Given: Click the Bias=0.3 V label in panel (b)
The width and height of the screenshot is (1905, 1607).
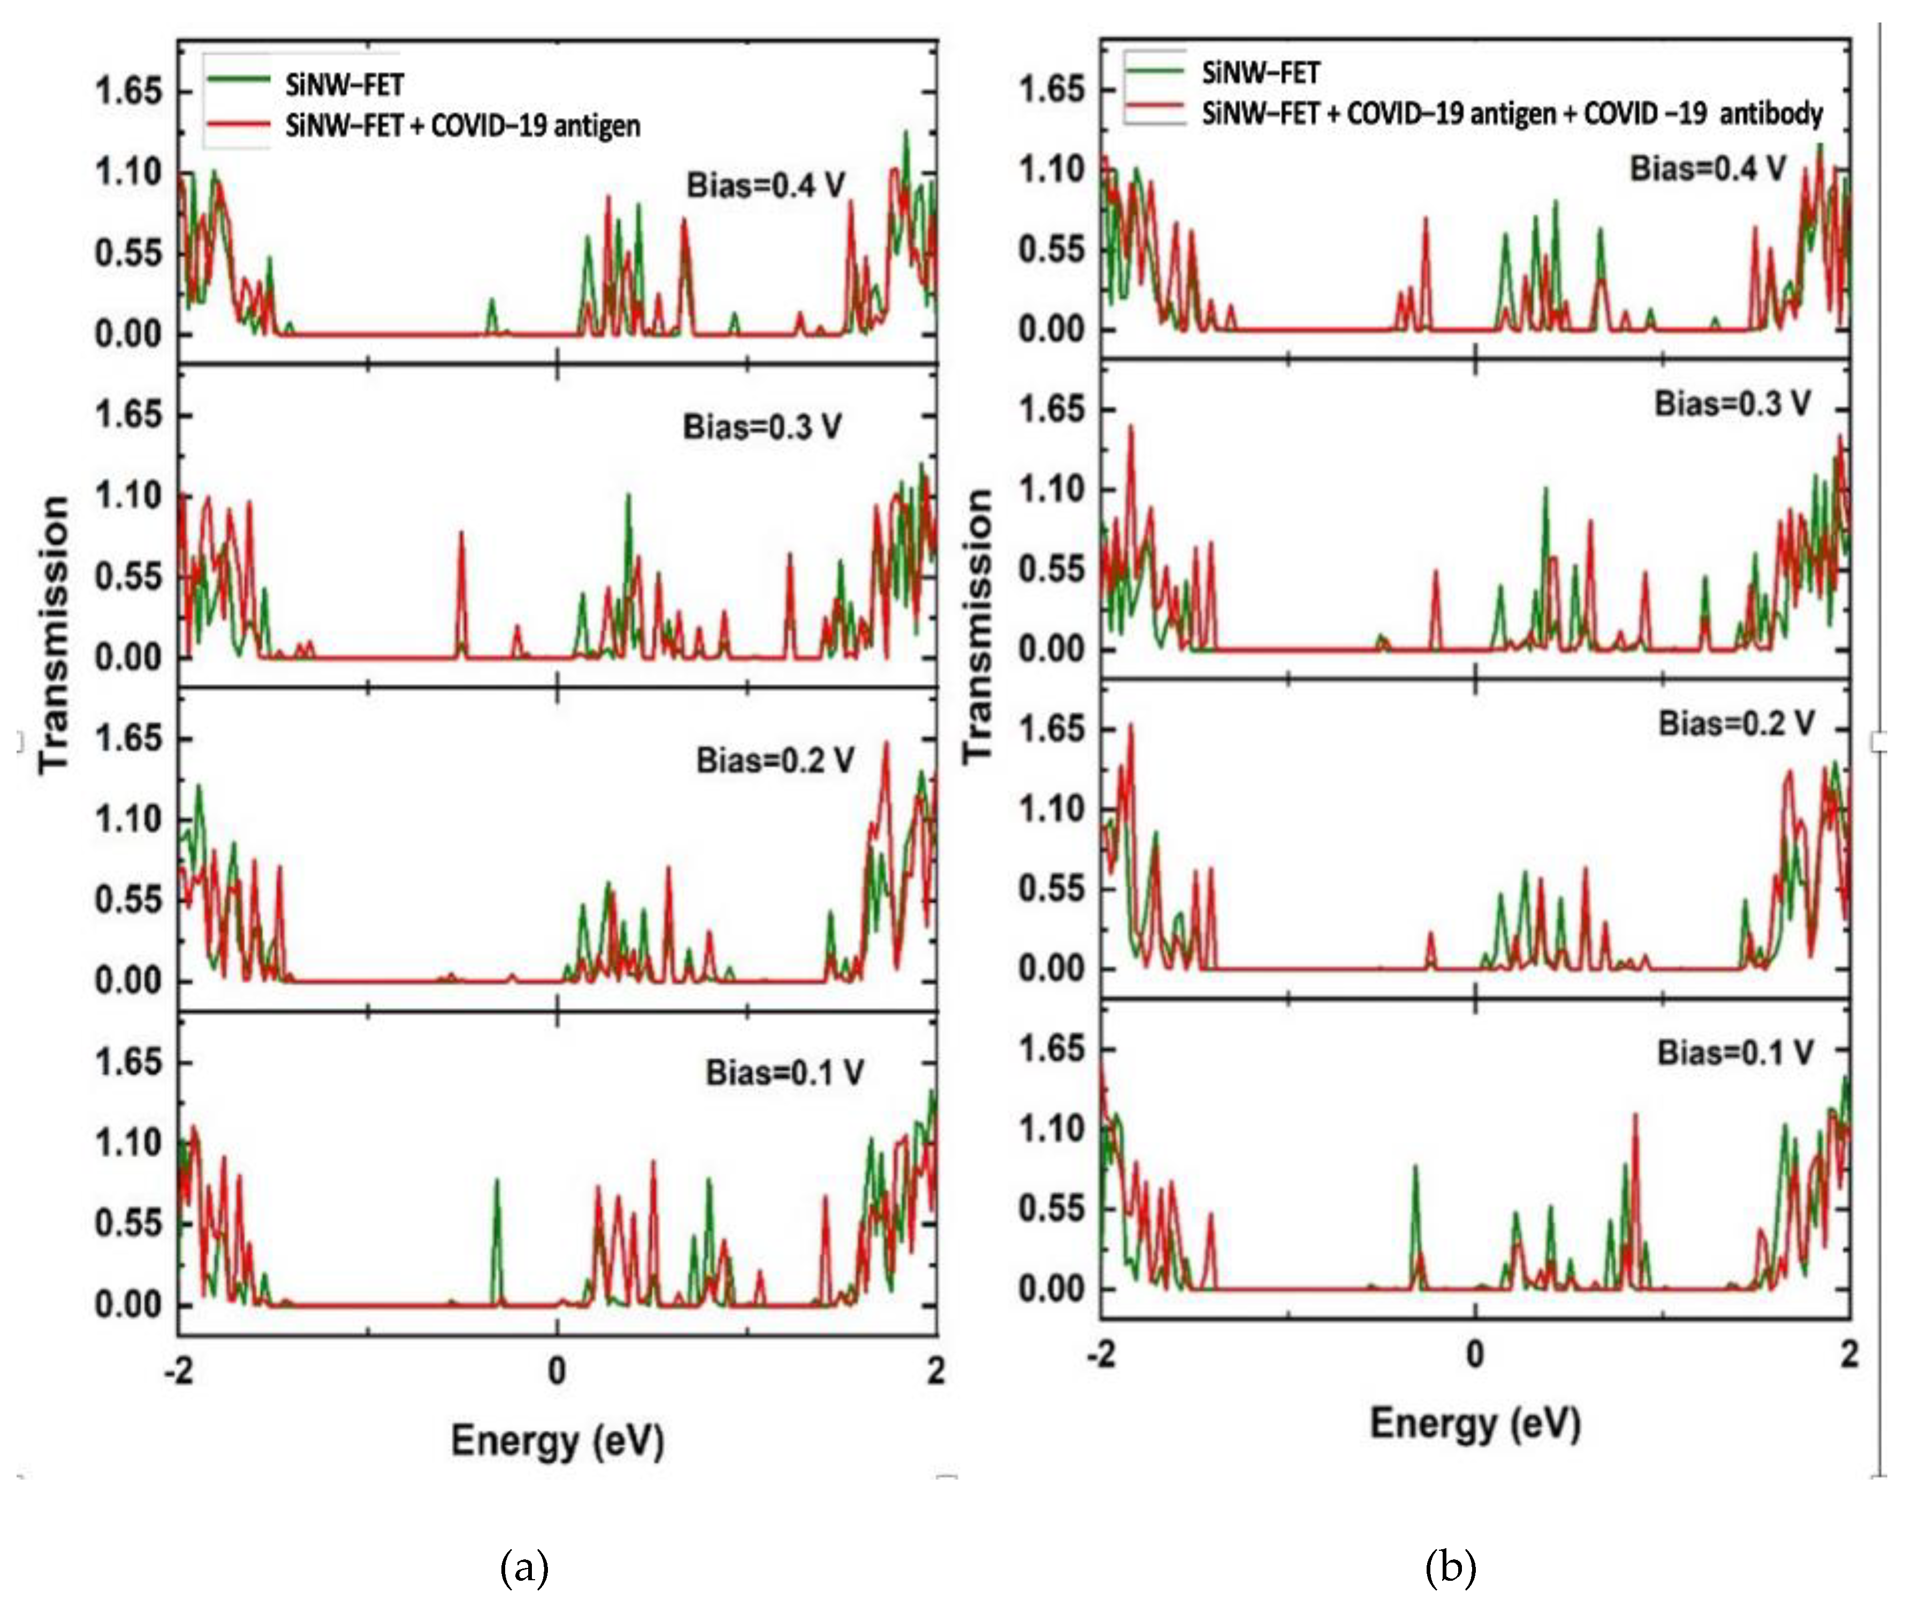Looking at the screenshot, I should pos(1732,404).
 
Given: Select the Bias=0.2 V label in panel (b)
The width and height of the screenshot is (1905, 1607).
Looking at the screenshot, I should pos(1735,723).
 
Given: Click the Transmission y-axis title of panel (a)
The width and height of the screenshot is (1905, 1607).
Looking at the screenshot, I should pos(55,635).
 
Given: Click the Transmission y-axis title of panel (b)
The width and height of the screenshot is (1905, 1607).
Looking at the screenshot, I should pos(978,626).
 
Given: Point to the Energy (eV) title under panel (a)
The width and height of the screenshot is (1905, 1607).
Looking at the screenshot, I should pos(557,1441).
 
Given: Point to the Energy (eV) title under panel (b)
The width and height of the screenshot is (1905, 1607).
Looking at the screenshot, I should pos(1475,1423).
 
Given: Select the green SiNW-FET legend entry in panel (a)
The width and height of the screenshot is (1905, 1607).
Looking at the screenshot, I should pos(344,85).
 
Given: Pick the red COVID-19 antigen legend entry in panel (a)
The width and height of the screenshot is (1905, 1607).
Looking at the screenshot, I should pos(462,125).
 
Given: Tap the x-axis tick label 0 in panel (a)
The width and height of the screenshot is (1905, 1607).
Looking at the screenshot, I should pos(557,1371).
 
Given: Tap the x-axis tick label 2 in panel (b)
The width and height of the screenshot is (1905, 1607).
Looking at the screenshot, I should pos(1848,1355).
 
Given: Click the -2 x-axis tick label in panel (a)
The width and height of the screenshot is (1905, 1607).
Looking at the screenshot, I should pos(179,1371).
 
